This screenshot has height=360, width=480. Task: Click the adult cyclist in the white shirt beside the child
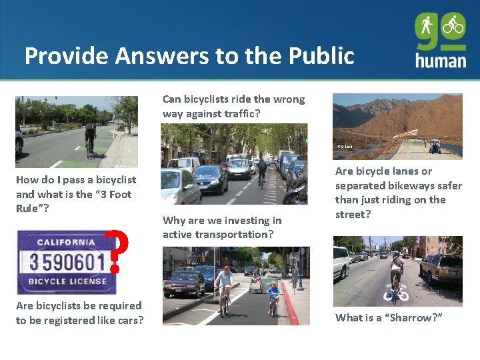point(224,288)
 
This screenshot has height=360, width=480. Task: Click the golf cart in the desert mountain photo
point(435,146)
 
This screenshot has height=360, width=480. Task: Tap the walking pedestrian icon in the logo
point(427,26)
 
